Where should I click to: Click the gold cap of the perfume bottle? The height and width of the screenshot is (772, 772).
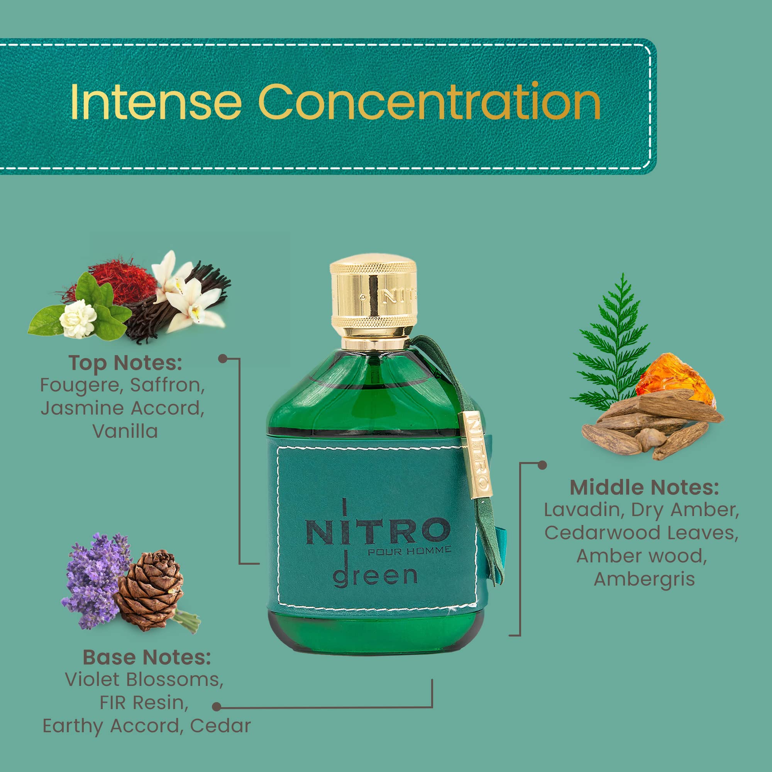pyautogui.click(x=373, y=298)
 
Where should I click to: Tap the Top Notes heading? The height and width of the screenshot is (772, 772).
pyautogui.click(x=125, y=363)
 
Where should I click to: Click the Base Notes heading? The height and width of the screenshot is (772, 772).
pyautogui.click(x=147, y=657)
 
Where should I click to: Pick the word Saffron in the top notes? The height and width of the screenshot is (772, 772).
pyautogui.click(x=168, y=385)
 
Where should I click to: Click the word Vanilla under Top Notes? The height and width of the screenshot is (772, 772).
pyautogui.click(x=125, y=431)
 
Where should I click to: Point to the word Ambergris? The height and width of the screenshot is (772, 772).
pyautogui.click(x=644, y=580)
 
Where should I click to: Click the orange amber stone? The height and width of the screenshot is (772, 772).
pyautogui.click(x=675, y=380)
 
